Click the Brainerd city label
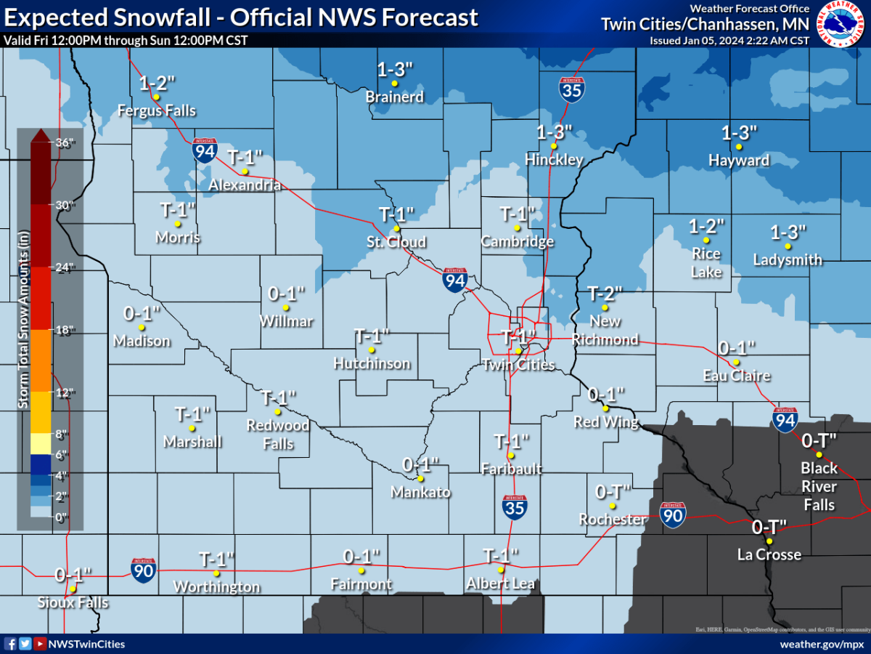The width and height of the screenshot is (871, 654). tap(395, 97)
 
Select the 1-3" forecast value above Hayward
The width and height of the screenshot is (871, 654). tap(740, 133)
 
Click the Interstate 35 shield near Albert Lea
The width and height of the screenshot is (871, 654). tap(515, 506)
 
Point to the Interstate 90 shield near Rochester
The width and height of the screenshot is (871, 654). tap(673, 514)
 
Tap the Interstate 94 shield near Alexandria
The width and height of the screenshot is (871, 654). tap(205, 150)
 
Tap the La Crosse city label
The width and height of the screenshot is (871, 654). tap(769, 554)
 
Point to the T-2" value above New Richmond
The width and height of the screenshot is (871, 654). tap(605, 294)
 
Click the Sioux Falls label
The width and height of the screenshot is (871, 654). tap(73, 602)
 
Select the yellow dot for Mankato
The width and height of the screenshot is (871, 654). tap(420, 478)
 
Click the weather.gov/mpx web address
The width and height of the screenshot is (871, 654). tap(821, 644)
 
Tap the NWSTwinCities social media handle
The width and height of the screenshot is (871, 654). tap(87, 644)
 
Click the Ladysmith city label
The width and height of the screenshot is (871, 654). tap(788, 259)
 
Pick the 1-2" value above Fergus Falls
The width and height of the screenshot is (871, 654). tap(156, 83)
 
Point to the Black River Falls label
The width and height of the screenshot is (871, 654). tap(819, 486)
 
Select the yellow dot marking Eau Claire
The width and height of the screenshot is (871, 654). tap(736, 362)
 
